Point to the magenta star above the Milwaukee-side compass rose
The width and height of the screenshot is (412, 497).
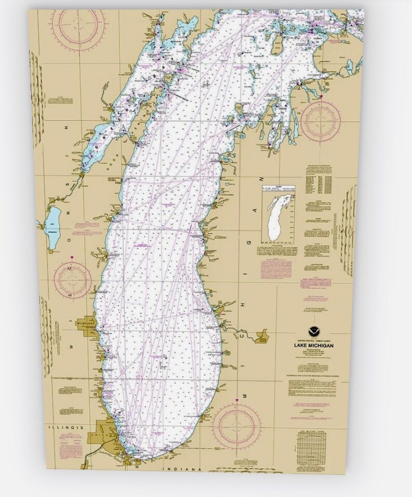coord(72,257)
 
